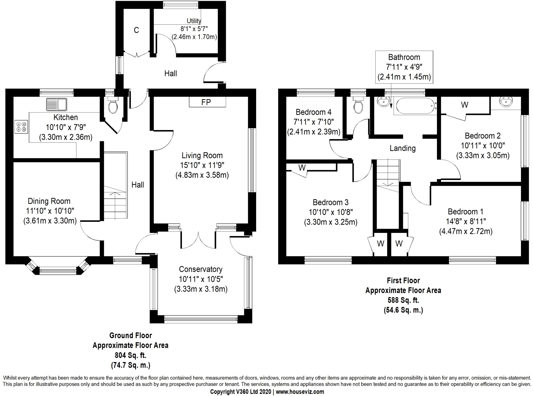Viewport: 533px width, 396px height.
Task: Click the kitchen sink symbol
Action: (x=57, y=104)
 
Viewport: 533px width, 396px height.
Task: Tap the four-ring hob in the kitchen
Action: (x=21, y=127)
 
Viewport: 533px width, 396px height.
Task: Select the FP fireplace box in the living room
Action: (x=207, y=102)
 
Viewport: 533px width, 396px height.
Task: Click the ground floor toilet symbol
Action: (x=113, y=106)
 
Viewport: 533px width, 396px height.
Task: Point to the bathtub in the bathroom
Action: (x=415, y=106)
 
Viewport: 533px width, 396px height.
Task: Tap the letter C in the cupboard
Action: (x=136, y=30)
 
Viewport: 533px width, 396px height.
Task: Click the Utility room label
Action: (x=194, y=21)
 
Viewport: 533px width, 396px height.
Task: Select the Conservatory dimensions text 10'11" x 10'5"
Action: (x=201, y=279)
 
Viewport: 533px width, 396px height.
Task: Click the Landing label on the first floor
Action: (x=402, y=148)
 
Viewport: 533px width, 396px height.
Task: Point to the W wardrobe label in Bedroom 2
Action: (x=465, y=105)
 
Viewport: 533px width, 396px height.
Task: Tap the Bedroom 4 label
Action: (x=313, y=112)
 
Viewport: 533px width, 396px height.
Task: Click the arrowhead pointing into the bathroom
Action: (x=391, y=106)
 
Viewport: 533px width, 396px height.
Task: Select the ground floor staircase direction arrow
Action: (x=115, y=194)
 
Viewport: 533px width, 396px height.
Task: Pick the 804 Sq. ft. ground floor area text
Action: (x=130, y=355)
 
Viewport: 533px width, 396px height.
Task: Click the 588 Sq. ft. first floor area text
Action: (x=403, y=300)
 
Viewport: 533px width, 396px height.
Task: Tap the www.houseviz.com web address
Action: (x=300, y=392)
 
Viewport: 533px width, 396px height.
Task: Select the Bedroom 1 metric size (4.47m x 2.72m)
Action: (x=465, y=232)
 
